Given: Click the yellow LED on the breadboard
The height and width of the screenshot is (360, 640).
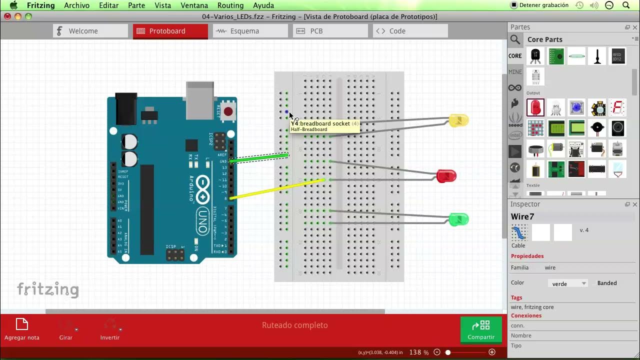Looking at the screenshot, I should pos(458,120).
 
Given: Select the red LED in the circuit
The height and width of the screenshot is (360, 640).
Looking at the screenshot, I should pos(446,176).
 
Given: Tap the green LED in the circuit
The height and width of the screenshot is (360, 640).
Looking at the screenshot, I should pos(458,219).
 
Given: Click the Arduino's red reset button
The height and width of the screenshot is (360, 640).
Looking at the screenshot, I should pos(228,111).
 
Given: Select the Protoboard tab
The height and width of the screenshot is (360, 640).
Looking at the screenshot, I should pos(170,31).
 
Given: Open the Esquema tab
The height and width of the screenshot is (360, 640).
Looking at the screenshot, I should pos(250,31).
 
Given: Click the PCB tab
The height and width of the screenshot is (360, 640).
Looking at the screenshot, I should pos(330,31).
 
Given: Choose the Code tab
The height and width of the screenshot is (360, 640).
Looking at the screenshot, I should pos(410,31).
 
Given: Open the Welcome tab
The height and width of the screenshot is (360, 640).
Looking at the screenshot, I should pos(90,31).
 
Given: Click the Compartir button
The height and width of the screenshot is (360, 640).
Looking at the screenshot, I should pos(481,330).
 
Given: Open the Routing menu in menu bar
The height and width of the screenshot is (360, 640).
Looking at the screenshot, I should pos(230,5).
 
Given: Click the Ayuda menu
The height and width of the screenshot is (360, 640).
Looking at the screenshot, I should pos(263,5).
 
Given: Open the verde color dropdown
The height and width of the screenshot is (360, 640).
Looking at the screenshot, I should pos(568,283).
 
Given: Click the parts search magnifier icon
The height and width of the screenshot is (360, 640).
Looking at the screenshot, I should pos(515,39).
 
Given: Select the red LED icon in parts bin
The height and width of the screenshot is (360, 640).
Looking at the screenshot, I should pos(535,107).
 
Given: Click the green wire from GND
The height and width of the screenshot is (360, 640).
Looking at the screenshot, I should pos(260,158).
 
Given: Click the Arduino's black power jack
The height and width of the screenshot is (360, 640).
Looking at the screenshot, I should pos(126,108).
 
